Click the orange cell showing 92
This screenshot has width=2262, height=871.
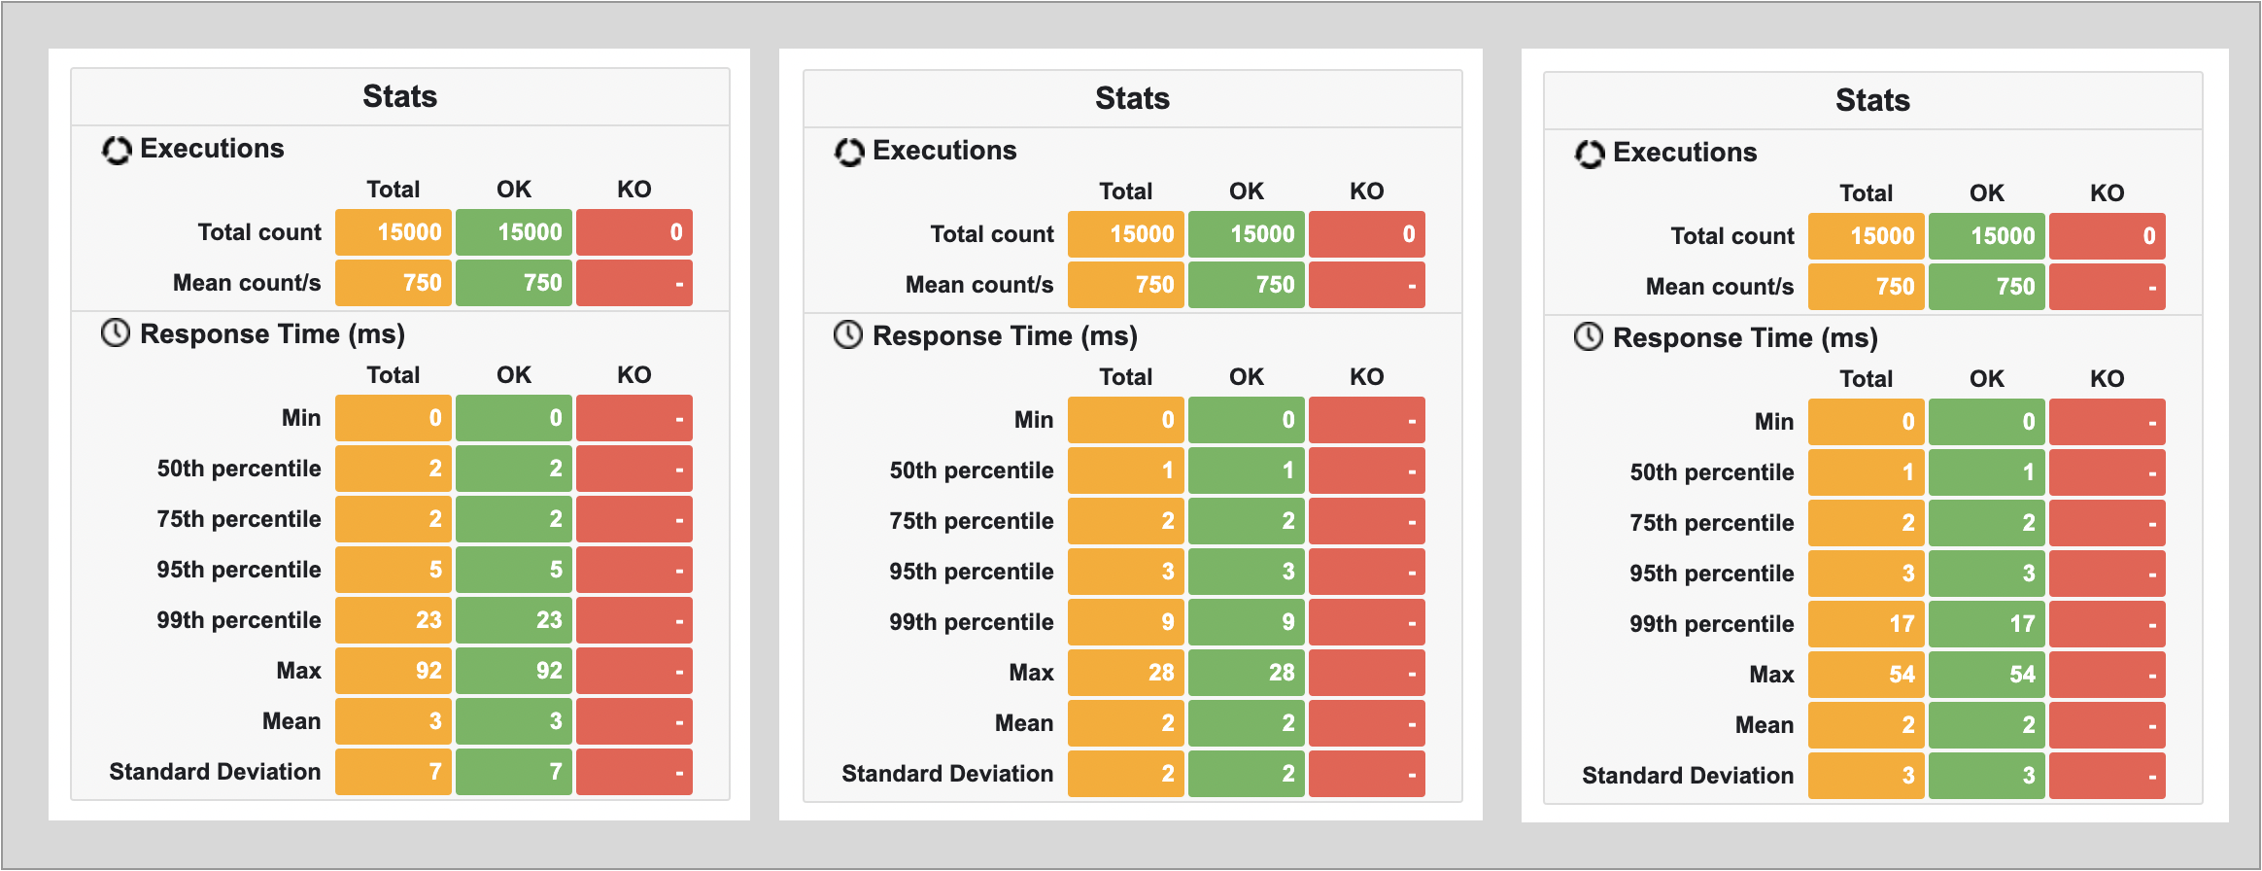(394, 671)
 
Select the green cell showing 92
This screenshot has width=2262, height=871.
(514, 671)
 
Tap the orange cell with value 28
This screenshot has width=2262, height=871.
(1126, 673)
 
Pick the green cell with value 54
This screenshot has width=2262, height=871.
(1987, 675)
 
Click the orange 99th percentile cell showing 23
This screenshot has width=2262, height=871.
(394, 620)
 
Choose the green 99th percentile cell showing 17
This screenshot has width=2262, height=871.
(1987, 624)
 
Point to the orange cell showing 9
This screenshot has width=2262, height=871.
(1126, 622)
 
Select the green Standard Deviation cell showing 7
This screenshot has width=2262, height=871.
(514, 772)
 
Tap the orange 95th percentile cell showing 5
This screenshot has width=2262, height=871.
(394, 570)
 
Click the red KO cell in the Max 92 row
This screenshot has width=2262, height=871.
(634, 671)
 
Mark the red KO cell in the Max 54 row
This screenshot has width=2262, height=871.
(2108, 675)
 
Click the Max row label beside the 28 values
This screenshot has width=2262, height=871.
(1031, 673)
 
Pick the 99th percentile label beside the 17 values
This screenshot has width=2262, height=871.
(1712, 624)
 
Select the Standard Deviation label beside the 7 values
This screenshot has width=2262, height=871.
(215, 772)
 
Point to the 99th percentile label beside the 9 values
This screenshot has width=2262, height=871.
(972, 622)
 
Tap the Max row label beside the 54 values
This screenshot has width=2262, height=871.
(1771, 675)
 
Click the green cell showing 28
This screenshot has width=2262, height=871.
(1247, 673)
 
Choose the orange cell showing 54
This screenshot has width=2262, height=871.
(1867, 675)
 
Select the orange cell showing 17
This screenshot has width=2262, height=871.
(1867, 624)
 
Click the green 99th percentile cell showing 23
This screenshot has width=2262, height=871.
(514, 620)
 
